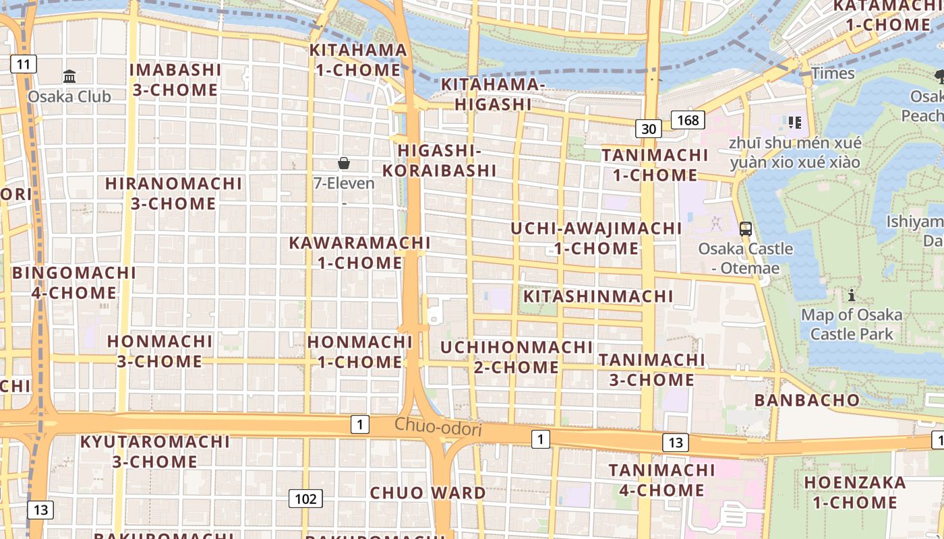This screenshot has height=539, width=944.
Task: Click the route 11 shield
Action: [x=24, y=65]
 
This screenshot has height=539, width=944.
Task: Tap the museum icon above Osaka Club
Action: [x=69, y=77]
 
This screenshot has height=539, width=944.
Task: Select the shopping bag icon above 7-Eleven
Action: [x=344, y=163]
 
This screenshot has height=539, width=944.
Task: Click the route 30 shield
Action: [x=649, y=129]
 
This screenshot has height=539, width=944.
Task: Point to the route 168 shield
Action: [x=688, y=121]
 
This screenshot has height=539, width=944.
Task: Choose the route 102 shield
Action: [x=305, y=499]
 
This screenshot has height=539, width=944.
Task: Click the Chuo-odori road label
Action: [x=438, y=426]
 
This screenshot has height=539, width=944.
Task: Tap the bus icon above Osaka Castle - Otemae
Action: [x=745, y=229]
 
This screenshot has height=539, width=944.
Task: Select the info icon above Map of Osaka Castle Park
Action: [x=852, y=295]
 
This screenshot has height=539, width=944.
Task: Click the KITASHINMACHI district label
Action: [x=598, y=296]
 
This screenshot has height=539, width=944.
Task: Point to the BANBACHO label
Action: [x=807, y=400]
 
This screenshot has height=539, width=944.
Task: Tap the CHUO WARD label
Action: [x=427, y=493]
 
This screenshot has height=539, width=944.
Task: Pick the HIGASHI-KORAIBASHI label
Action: [x=440, y=160]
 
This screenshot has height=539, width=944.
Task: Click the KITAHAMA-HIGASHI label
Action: [x=493, y=94]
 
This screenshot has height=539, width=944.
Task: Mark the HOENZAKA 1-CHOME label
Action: [x=855, y=493]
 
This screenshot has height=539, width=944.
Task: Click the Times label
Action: [x=833, y=73]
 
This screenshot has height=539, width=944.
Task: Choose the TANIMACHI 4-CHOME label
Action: [x=661, y=480]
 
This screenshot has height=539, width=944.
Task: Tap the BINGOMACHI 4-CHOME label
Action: [x=74, y=283]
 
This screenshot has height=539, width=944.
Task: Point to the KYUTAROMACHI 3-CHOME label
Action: [x=155, y=452]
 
